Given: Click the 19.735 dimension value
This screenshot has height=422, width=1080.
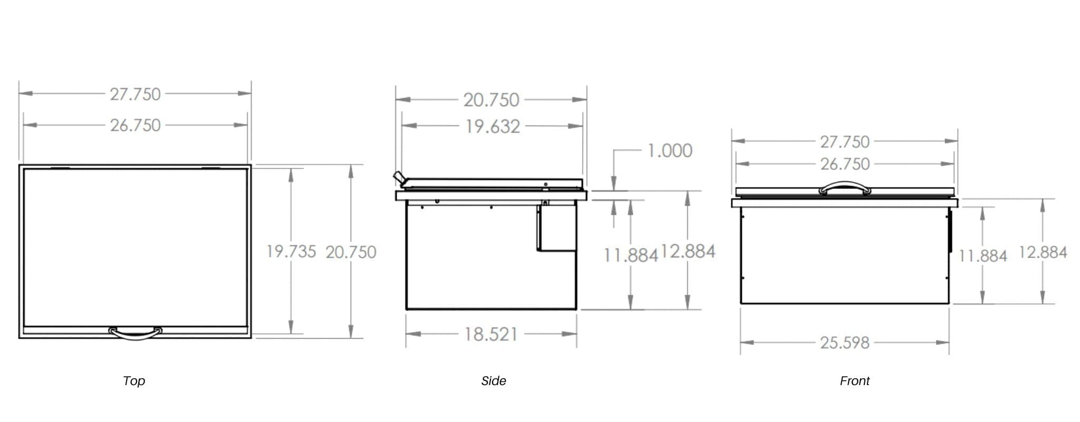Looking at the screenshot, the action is [291, 252].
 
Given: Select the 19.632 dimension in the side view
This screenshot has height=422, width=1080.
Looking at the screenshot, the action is [492, 127].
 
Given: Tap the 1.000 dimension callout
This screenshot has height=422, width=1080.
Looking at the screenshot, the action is [670, 151].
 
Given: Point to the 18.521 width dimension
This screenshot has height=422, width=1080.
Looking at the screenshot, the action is [491, 334].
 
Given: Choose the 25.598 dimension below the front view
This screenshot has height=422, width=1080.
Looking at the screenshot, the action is [844, 343].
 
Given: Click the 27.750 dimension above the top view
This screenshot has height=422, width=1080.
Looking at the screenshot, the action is [135, 94].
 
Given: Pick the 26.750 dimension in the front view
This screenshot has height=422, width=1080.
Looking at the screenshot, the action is [845, 164].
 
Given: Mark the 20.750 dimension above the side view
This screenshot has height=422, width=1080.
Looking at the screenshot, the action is [491, 100].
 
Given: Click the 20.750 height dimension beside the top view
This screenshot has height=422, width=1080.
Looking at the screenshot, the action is [351, 252].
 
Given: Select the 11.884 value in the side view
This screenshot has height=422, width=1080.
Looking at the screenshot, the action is [631, 256].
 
